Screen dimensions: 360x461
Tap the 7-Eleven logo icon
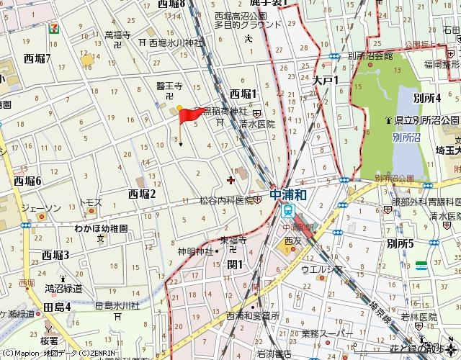tap(53, 28)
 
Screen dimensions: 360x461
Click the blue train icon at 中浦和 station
tap(288, 211)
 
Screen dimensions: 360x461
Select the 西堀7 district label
tap(37, 58)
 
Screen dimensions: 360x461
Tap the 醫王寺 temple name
tap(169, 86)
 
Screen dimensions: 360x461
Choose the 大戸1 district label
tap(325, 81)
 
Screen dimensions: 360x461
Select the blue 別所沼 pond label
tap(407, 135)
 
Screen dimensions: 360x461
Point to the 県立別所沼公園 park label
tap(426, 120)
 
